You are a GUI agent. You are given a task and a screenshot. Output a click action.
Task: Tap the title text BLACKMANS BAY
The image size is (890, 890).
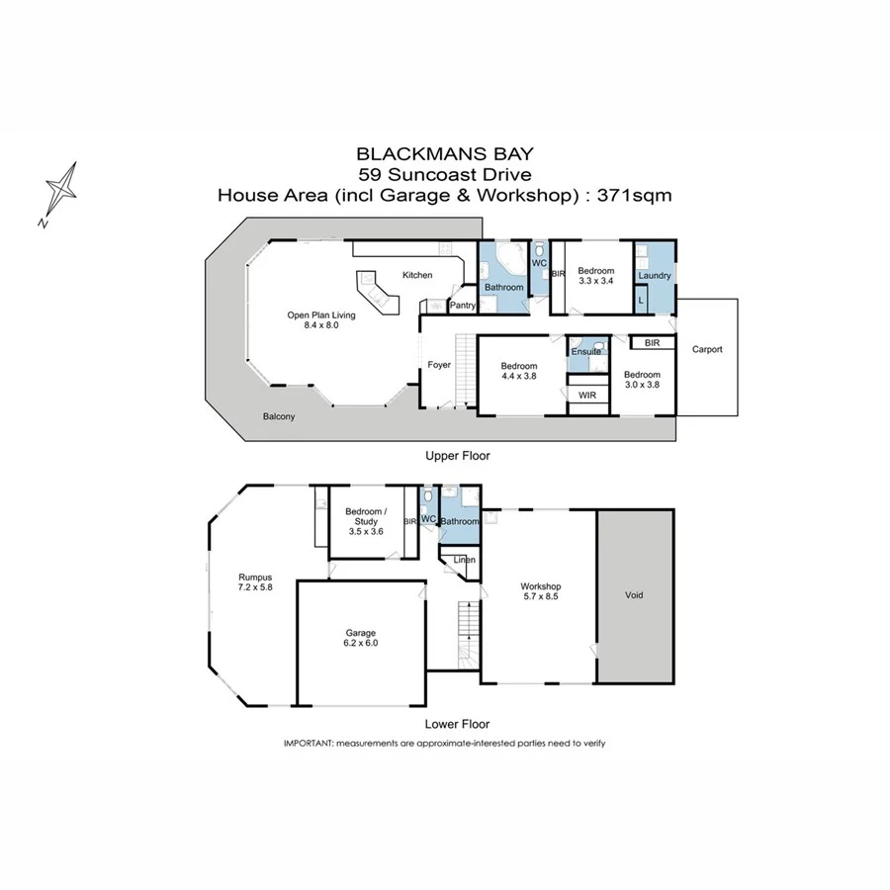444,154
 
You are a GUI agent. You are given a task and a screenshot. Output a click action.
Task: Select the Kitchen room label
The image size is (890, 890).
416,275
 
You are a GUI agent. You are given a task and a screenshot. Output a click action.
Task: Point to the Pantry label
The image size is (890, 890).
463,306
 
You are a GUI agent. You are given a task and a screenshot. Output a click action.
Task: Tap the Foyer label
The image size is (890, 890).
439,365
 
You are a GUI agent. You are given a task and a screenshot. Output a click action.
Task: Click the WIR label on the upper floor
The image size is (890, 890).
586,396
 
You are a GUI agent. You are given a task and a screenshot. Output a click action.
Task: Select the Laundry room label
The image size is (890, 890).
655,276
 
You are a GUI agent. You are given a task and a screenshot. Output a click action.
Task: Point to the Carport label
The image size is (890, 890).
707,349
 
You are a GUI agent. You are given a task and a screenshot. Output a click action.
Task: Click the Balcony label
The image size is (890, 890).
279,417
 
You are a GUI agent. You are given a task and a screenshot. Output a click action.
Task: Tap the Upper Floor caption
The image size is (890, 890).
457,456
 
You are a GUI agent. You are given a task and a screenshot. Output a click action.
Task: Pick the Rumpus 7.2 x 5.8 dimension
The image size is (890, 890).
255,588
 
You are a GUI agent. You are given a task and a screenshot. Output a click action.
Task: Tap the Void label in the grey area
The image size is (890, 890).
635,595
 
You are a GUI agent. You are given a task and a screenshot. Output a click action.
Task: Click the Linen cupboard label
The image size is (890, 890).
464,561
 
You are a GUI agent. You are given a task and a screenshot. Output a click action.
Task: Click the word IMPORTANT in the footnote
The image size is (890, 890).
308,743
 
